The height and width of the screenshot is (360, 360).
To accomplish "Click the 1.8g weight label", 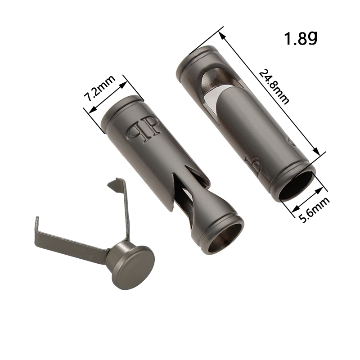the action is pyautogui.click(x=300, y=38).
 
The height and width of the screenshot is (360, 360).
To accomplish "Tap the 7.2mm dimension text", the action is pyautogui.click(x=99, y=88).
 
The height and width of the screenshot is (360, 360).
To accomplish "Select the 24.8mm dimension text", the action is pyautogui.click(x=274, y=87).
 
